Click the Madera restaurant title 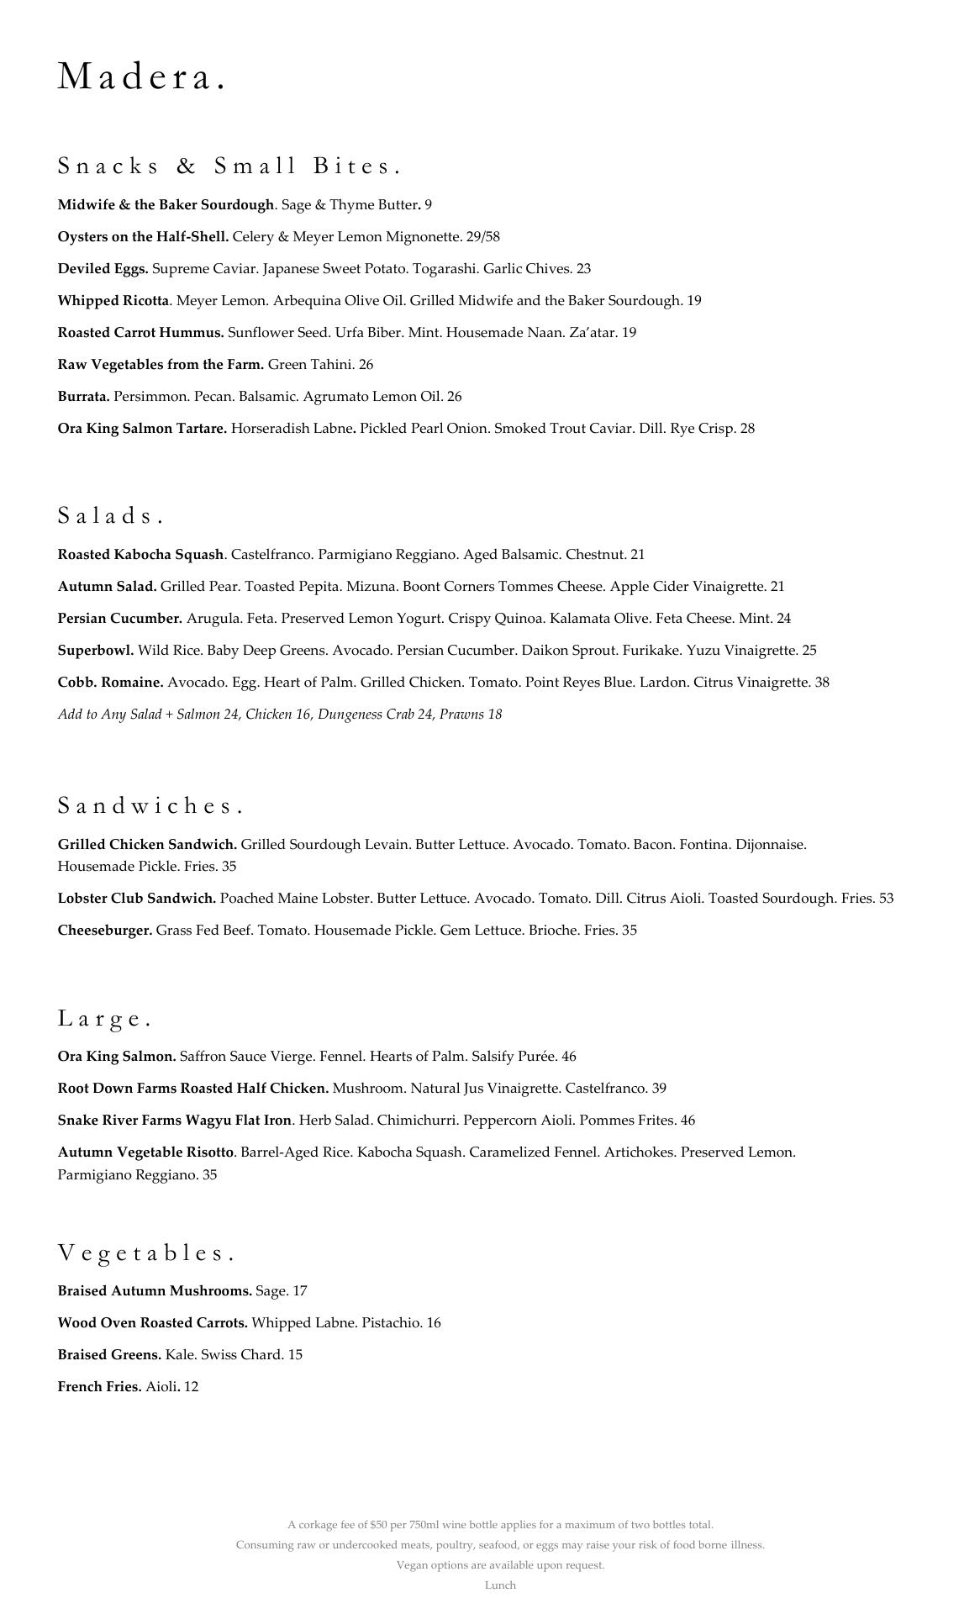click(x=141, y=77)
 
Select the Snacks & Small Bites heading click(x=229, y=166)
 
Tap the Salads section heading click(x=110, y=515)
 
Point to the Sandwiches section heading click(x=150, y=805)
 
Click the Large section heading click(x=104, y=1018)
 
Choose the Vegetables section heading click(x=145, y=1253)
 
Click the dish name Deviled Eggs click(x=103, y=269)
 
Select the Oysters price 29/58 click(x=483, y=237)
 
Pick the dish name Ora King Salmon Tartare click(x=142, y=429)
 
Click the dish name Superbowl click(x=96, y=651)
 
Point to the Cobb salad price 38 click(x=821, y=683)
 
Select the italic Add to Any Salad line click(x=280, y=715)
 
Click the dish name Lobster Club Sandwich click(x=137, y=899)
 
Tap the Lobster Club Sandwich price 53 click(x=886, y=899)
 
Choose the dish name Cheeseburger click(x=105, y=931)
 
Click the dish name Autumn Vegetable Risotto click(x=146, y=1152)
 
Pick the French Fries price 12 click(x=191, y=1387)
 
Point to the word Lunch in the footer click(x=500, y=1585)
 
